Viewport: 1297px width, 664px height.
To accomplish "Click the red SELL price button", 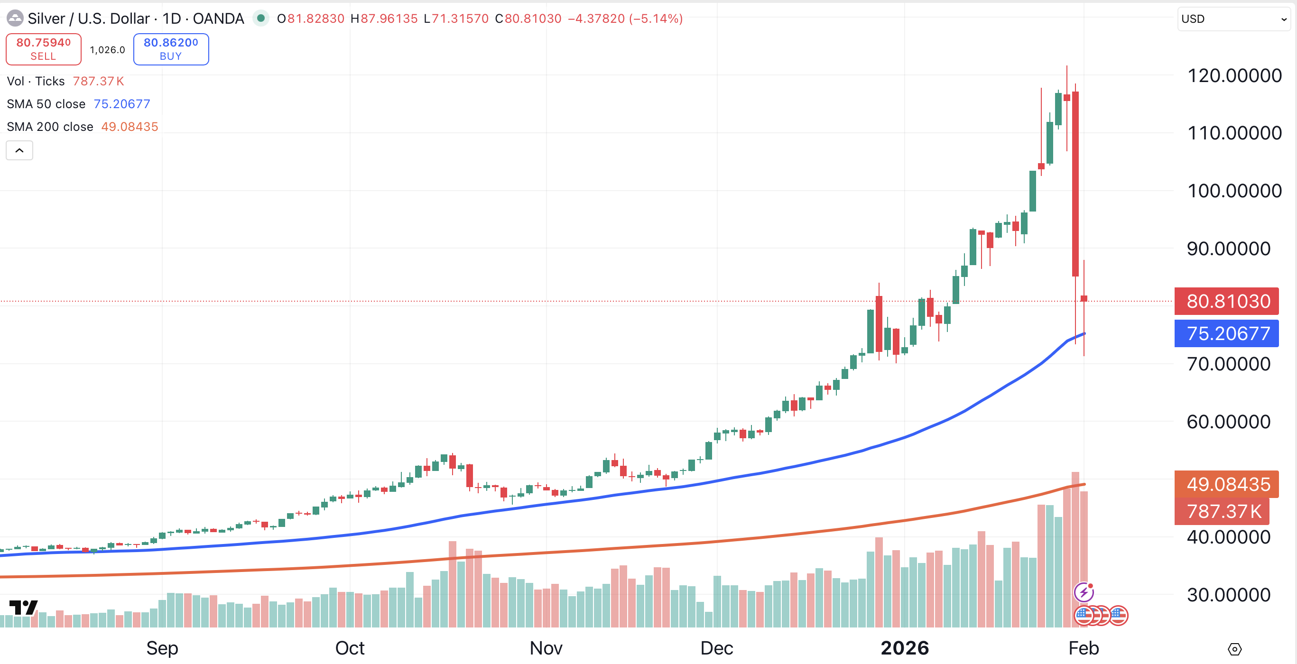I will (43, 49).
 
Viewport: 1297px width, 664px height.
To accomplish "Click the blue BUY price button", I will (171, 49).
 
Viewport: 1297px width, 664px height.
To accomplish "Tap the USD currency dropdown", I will (1233, 18).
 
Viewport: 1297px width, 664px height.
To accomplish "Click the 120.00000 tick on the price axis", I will (1234, 75).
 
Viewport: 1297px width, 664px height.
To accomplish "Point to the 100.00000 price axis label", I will (1234, 191).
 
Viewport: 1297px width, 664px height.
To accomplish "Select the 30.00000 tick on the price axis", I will (1228, 595).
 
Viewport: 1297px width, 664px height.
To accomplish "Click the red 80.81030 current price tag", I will (1228, 301).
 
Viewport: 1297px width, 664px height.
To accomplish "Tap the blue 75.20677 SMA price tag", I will (1228, 333).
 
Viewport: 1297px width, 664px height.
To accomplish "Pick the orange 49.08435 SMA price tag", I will (1228, 484).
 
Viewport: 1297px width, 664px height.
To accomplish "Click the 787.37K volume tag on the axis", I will (1223, 511).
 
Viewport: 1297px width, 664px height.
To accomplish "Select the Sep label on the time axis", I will (162, 648).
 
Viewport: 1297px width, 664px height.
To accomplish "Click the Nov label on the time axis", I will (546, 648).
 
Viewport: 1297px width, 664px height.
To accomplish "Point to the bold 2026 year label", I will (904, 648).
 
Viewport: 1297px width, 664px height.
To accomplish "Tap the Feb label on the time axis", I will (1084, 648).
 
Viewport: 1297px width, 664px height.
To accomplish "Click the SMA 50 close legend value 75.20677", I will (122, 104).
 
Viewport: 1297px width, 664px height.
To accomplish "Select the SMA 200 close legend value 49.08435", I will (130, 126).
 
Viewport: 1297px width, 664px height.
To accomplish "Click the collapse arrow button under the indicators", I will (19, 150).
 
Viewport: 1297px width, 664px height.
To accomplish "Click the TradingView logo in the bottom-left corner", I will (23, 607).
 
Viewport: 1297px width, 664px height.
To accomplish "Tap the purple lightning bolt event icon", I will (1084, 592).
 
